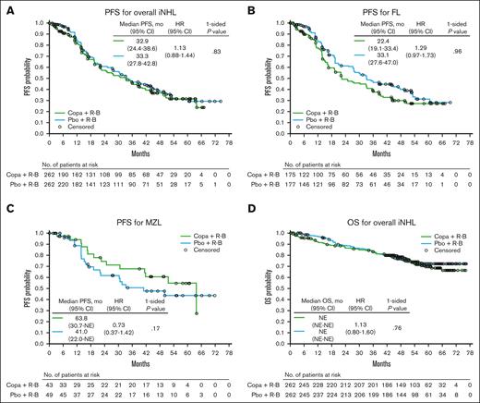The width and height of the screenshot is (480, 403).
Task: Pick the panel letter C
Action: point(7,211)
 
